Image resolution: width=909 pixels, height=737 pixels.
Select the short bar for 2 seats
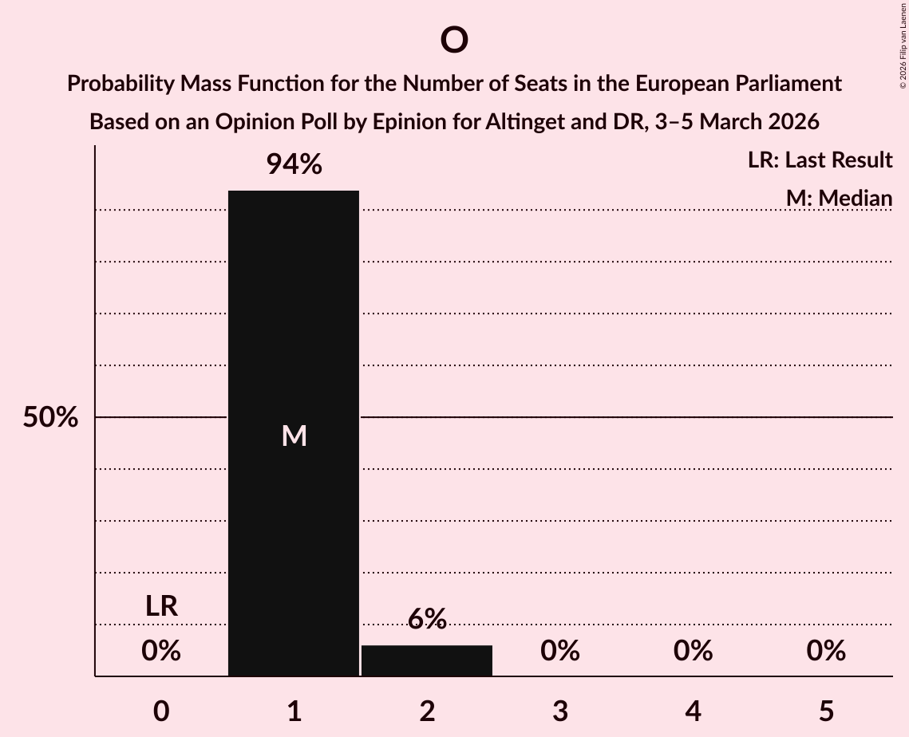point(427,660)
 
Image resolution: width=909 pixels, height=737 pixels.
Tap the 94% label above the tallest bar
point(294,165)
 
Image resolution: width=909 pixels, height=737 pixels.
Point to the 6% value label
point(427,619)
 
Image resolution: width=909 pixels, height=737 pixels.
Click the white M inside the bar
point(294,436)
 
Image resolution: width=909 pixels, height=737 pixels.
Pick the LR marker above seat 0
point(161,606)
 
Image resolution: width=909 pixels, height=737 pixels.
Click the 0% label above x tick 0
point(161,651)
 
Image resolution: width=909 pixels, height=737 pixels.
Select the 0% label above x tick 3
point(560,651)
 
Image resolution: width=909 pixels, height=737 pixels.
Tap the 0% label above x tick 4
point(693,651)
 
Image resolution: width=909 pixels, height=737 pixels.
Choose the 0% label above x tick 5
point(826,651)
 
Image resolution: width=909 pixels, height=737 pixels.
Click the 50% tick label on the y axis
point(50,417)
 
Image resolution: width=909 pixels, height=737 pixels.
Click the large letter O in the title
point(453,40)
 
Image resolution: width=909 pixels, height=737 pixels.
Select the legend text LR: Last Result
point(820,160)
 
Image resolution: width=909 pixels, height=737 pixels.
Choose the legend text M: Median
point(839,198)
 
